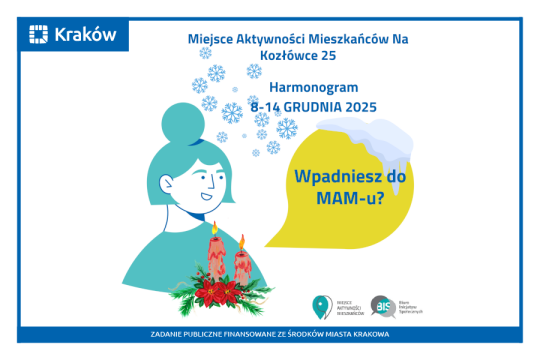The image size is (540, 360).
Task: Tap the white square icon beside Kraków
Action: click(39, 36)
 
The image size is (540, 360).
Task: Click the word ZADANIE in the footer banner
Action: click(170, 332)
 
